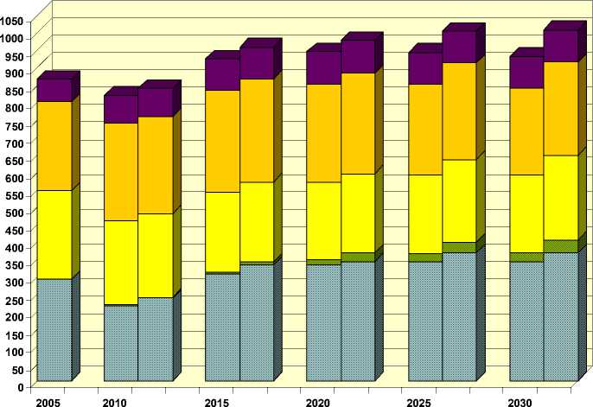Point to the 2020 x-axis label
coord(319,403)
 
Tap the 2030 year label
coord(522,403)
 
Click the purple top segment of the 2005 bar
coord(54,90)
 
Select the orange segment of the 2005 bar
coord(54,145)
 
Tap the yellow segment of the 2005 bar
coord(54,234)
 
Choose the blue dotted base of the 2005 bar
coord(54,329)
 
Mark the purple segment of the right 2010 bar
coord(155,102)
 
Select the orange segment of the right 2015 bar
coord(257,130)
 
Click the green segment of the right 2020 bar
coord(358,257)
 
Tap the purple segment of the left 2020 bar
coord(324,67)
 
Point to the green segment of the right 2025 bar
coord(459,247)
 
